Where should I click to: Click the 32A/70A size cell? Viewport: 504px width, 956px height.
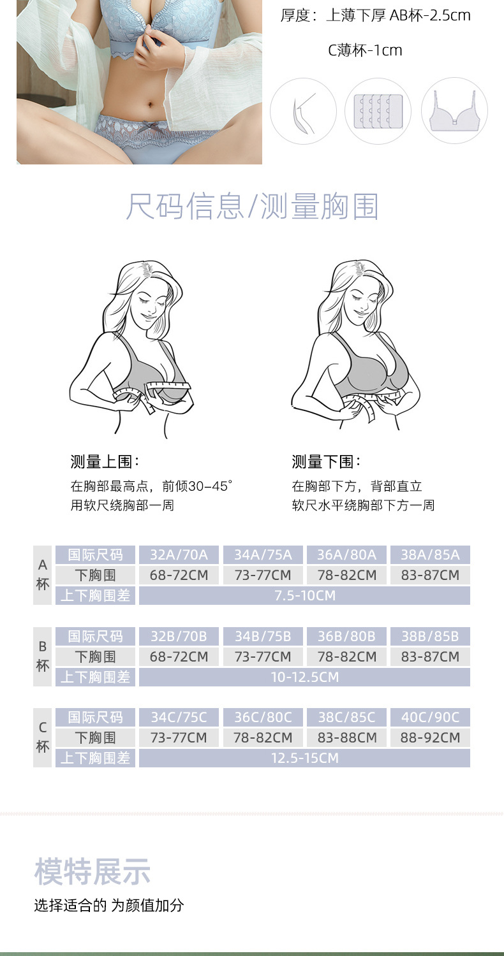(179, 554)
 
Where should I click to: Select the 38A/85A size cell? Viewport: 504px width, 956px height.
(430, 554)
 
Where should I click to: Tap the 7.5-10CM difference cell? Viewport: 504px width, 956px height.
(304, 596)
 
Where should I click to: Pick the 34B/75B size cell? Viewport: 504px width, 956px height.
(263, 636)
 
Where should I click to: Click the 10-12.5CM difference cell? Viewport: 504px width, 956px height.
(304, 677)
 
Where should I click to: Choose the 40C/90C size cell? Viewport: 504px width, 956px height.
(430, 718)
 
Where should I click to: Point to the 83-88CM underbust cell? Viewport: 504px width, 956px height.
(347, 738)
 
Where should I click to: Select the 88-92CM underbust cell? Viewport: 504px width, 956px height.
(430, 738)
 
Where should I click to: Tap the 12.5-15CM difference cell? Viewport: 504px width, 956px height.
(304, 758)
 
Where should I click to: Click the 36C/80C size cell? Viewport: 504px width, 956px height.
(263, 718)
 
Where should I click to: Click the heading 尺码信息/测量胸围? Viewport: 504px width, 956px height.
(252, 207)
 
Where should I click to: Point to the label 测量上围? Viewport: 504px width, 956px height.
(105, 462)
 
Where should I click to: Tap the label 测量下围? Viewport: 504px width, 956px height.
(326, 462)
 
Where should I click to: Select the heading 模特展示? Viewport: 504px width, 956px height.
(93, 872)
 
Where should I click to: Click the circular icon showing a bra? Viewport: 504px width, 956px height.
(454, 111)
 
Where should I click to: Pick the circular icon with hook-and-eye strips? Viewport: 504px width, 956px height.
(378, 111)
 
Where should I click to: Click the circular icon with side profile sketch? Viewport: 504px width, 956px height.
(303, 111)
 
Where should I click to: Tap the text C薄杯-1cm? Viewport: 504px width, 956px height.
(365, 50)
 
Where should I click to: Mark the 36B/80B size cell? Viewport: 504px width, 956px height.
(347, 636)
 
